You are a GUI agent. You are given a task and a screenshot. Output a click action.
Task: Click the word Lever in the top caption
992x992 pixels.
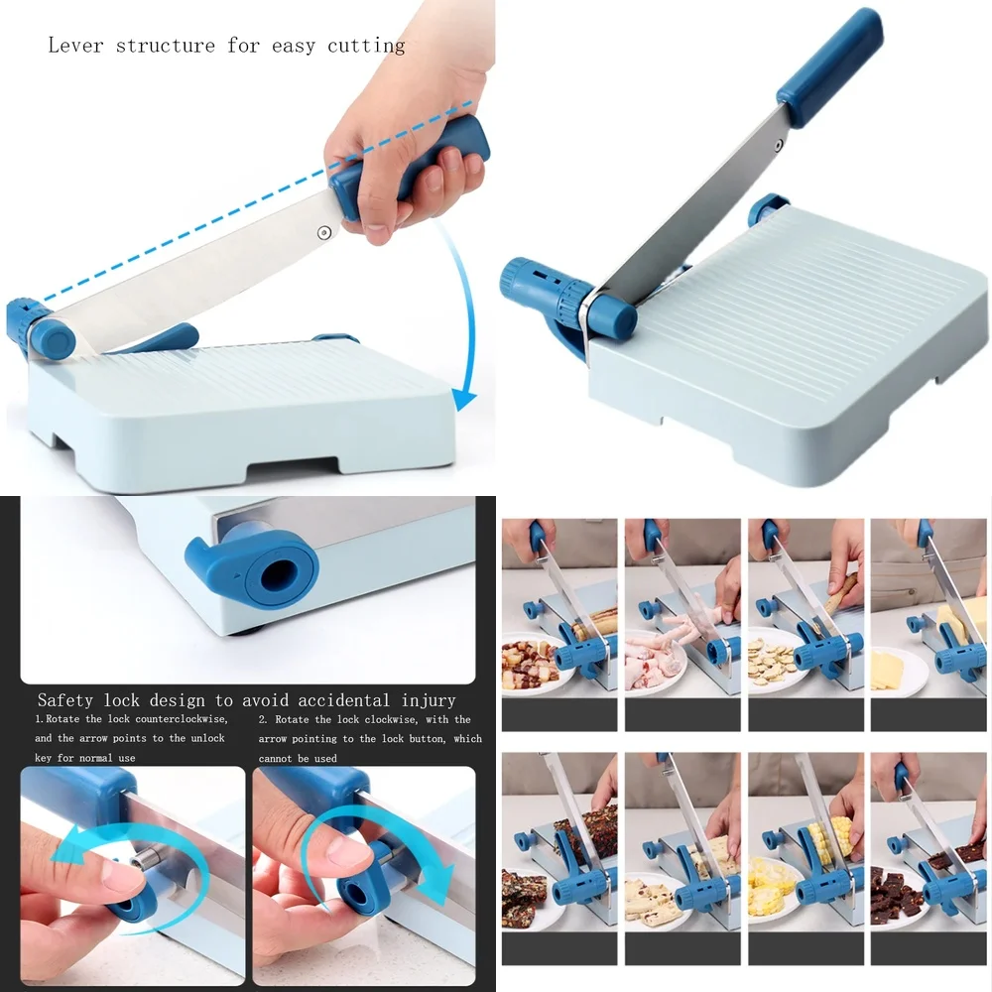[x=75, y=45]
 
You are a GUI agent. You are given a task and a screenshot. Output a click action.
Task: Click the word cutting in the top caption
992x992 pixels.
[x=366, y=47]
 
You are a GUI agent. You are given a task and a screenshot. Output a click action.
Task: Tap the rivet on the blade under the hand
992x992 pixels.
[x=324, y=233]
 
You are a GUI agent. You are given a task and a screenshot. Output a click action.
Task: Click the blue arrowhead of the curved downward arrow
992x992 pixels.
[x=465, y=400]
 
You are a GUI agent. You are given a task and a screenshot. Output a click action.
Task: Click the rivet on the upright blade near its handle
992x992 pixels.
[x=778, y=145]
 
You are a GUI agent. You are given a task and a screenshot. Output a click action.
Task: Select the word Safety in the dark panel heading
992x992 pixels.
[x=65, y=700]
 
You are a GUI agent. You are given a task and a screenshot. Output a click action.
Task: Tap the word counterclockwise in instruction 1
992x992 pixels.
[x=183, y=719]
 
